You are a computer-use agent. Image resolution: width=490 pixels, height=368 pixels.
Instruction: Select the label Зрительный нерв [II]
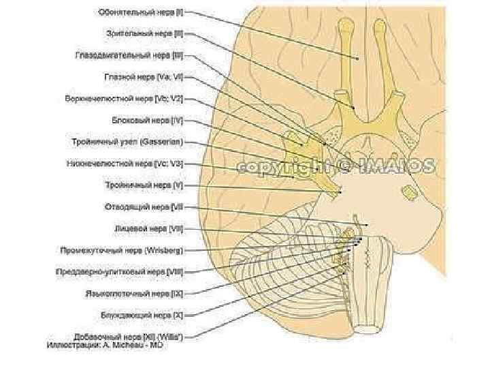145,32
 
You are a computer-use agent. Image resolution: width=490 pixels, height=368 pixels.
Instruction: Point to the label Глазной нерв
144,77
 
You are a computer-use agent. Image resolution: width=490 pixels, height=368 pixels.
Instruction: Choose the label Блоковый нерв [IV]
147,121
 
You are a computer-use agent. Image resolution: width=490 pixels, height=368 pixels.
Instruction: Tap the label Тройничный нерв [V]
144,185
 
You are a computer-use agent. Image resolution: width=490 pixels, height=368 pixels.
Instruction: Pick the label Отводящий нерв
144,206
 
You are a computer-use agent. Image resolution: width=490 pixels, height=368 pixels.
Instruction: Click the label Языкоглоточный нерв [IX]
132,294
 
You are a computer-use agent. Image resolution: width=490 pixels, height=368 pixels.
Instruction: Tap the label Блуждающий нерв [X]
140,315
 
